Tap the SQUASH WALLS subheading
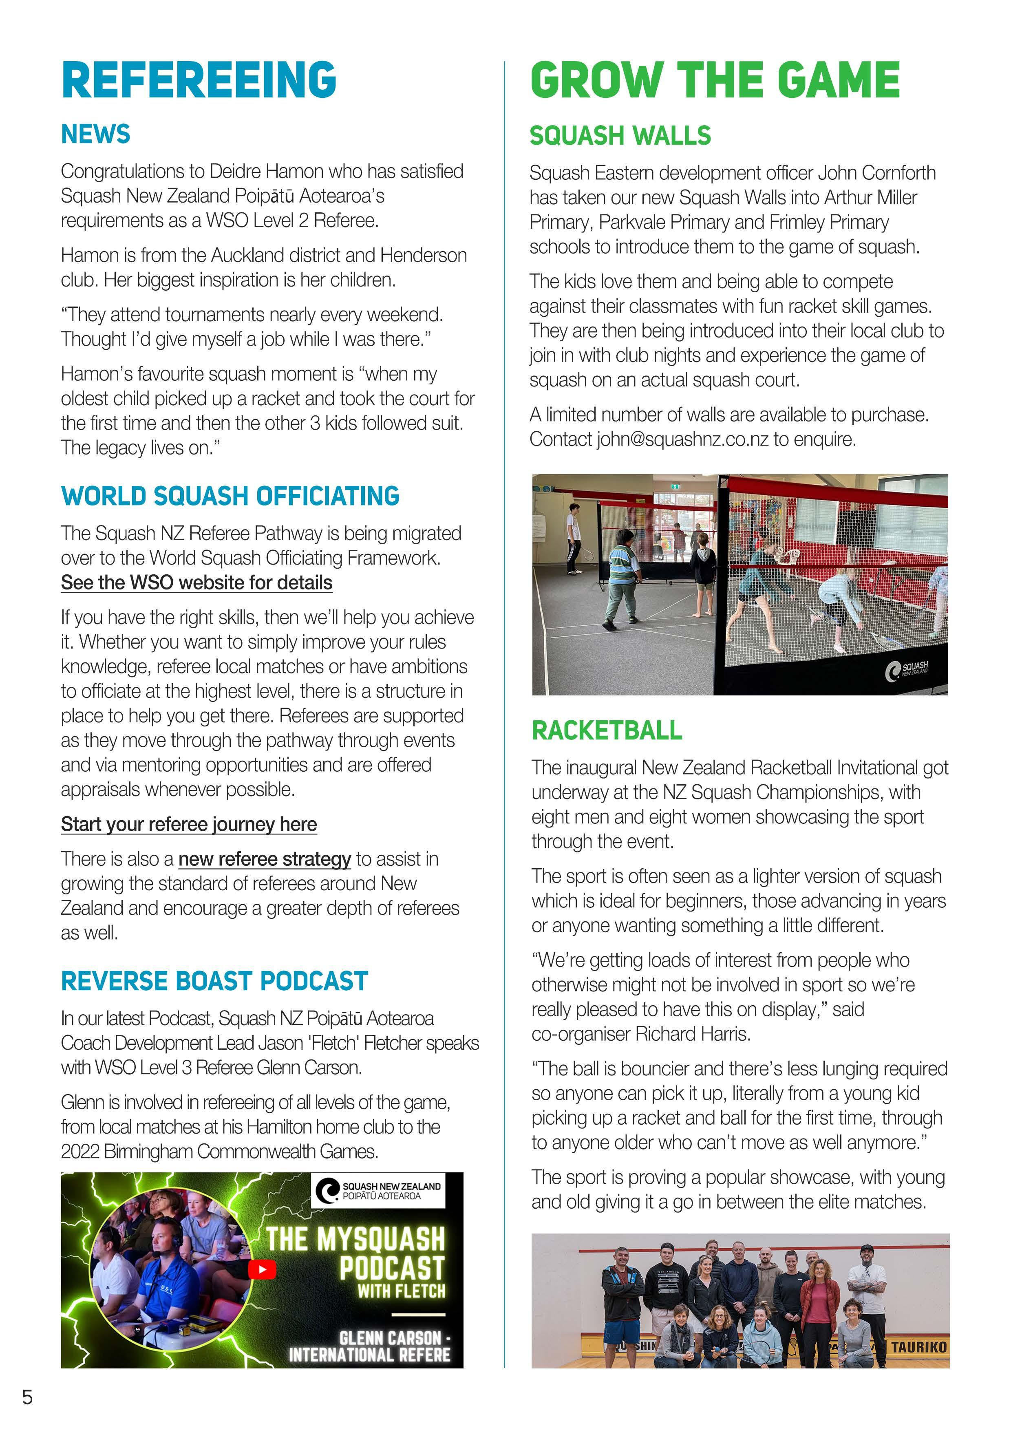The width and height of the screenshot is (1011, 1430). tap(620, 136)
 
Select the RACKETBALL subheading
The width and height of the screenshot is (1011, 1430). tap(606, 730)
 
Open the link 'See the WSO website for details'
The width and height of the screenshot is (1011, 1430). tap(196, 583)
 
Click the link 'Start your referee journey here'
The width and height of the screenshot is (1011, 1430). tap(189, 824)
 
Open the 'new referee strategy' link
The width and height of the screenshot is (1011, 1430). tap(265, 859)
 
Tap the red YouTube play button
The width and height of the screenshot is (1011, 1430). tap(262, 1269)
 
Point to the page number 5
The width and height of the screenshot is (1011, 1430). tap(27, 1397)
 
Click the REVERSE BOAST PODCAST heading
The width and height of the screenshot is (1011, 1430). tap(214, 981)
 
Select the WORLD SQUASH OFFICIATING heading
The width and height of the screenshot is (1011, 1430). tap(230, 496)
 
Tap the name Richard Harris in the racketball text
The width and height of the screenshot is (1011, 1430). tap(692, 1034)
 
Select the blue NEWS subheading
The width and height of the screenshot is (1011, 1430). tap(95, 134)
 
